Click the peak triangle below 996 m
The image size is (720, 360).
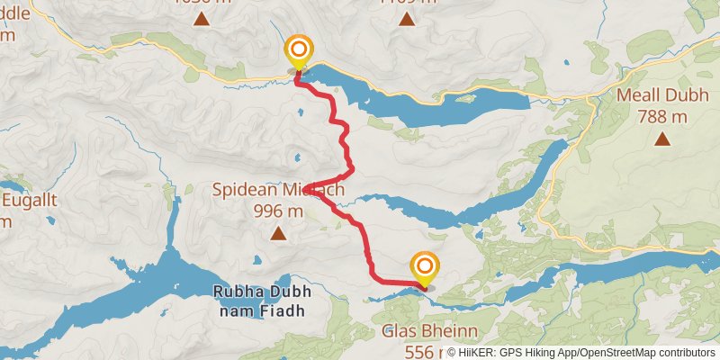[x=278, y=234]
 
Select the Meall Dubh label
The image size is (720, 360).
[x=662, y=95]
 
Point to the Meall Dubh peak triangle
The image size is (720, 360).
[x=662, y=138]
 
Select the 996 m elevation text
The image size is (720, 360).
[x=279, y=211]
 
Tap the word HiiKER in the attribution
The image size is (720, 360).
[x=476, y=353]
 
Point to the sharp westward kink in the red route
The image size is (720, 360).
[x=310, y=189]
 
